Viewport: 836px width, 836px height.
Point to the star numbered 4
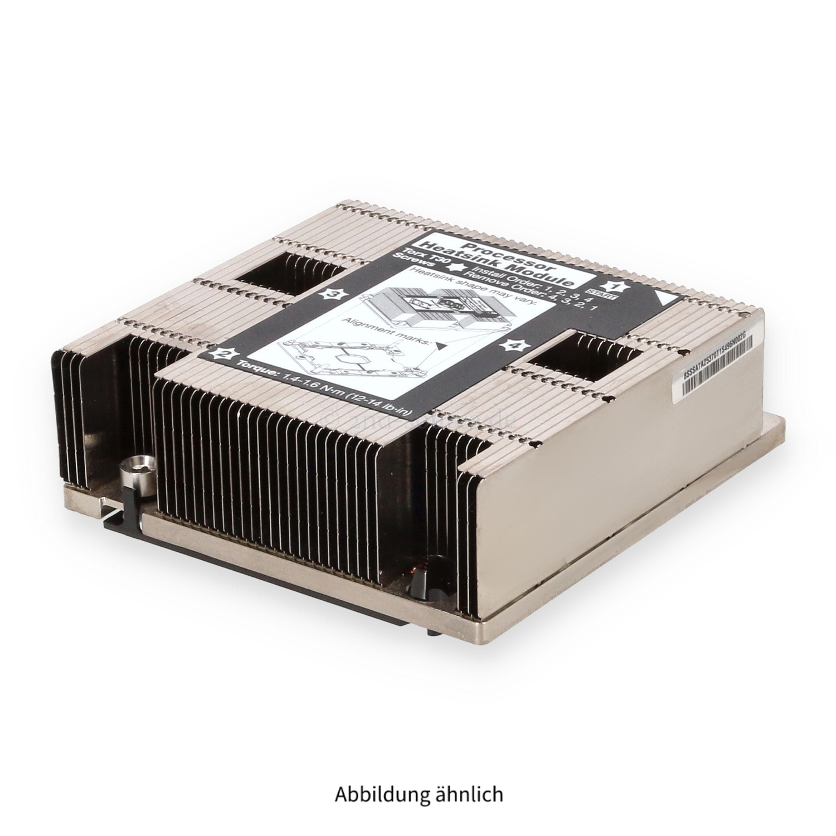tap(512, 346)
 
